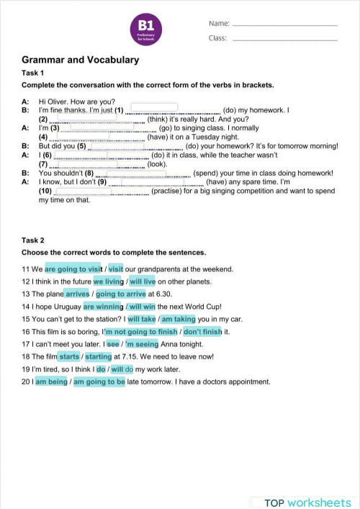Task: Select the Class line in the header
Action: [x=284, y=37]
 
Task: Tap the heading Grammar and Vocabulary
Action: [x=80, y=60]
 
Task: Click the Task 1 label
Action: [x=32, y=73]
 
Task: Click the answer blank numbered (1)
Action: [x=154, y=107]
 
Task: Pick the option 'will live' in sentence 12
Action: [x=143, y=281]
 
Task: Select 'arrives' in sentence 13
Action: [x=77, y=294]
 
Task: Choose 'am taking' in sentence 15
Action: [x=177, y=319]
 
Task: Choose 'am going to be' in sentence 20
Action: [x=99, y=382]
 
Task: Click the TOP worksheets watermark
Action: [x=307, y=502]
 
